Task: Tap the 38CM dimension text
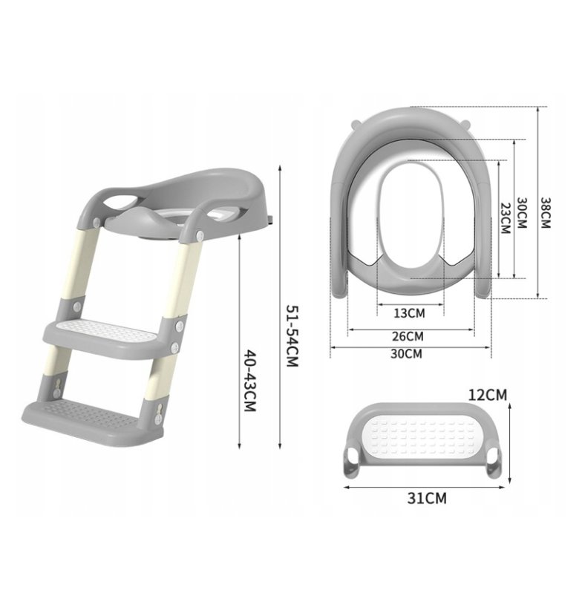(x=545, y=212)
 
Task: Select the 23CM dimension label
(x=506, y=218)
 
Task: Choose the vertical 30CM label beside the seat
(x=522, y=213)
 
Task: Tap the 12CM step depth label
(x=487, y=394)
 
